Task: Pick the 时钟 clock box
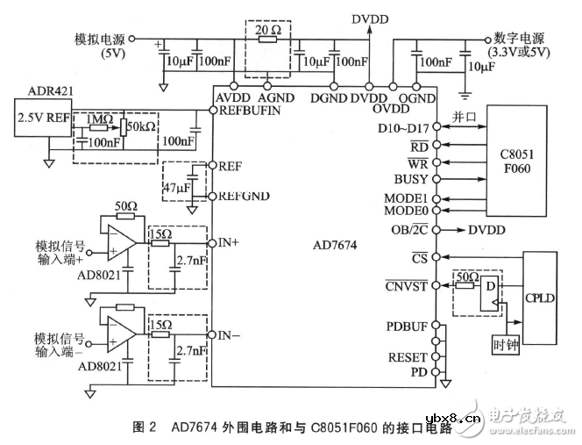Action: coord(506,343)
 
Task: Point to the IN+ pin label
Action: coord(227,239)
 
